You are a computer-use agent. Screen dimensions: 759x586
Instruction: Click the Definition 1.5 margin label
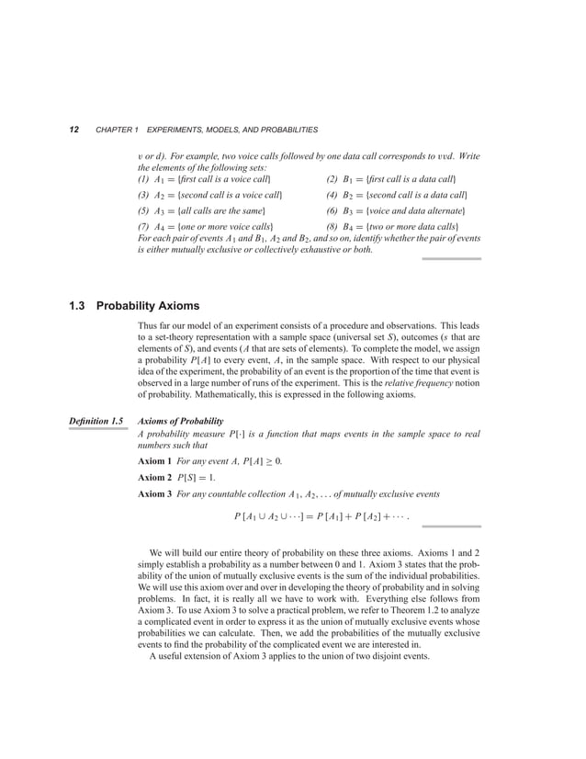click(x=96, y=421)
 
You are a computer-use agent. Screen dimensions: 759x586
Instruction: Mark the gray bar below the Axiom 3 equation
click(x=451, y=527)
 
